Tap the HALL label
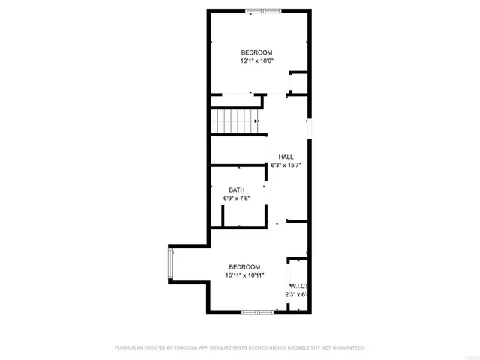pyautogui.click(x=286, y=156)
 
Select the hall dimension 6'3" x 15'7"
pyautogui.click(x=286, y=165)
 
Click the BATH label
pyautogui.click(x=237, y=190)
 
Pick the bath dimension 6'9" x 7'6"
pyautogui.click(x=237, y=199)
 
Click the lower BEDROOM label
pyautogui.click(x=244, y=267)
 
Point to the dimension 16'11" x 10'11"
pyautogui.click(x=244, y=276)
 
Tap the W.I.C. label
pyautogui.click(x=299, y=286)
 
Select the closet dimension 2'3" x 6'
pyautogui.click(x=298, y=295)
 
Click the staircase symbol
pyautogui.click(x=235, y=121)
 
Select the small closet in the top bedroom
pyautogui.click(x=298, y=82)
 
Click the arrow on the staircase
pyautogui.click(x=256, y=121)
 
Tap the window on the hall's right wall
pyautogui.click(x=309, y=128)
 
